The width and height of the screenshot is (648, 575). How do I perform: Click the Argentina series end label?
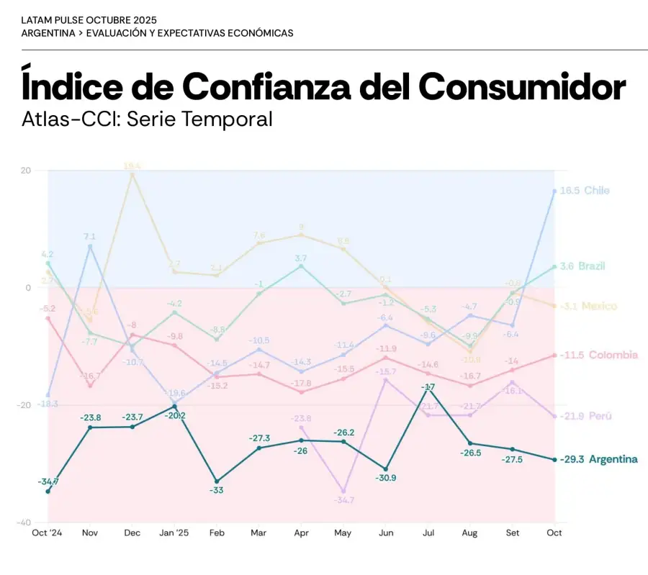[598, 459]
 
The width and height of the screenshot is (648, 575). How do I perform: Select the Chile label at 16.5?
[584, 191]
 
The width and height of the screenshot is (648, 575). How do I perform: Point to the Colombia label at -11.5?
[598, 355]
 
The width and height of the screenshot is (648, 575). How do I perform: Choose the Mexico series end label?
[588, 306]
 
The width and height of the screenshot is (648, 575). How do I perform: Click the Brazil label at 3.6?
[582, 266]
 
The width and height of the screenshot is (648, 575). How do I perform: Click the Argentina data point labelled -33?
[217, 481]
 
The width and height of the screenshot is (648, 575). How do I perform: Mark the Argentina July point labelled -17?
[428, 389]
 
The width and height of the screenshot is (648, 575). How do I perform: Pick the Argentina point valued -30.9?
[386, 469]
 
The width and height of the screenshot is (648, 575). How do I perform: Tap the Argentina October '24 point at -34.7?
[48, 492]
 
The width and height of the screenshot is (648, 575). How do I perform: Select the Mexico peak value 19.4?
[132, 166]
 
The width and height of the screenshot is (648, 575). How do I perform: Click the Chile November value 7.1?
[90, 236]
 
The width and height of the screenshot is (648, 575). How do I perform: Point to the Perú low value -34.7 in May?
[344, 499]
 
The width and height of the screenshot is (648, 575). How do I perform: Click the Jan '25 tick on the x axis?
[174, 533]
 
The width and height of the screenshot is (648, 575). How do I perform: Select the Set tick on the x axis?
[513, 533]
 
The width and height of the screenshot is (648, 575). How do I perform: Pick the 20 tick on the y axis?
[26, 171]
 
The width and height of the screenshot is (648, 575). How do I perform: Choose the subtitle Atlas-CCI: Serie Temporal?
[147, 118]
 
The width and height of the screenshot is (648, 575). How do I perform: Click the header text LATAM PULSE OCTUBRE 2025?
[89, 20]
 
